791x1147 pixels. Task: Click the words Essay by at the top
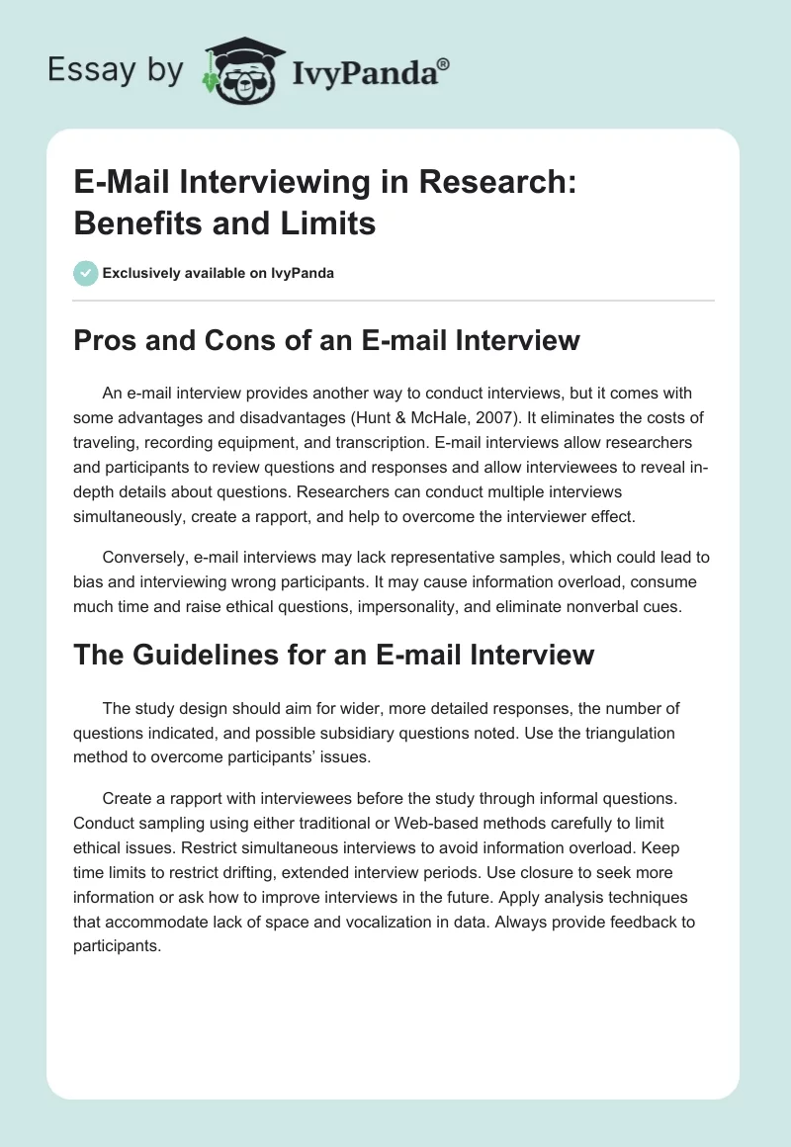117,70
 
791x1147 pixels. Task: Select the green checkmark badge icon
86,273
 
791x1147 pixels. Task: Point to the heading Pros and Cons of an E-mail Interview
326,341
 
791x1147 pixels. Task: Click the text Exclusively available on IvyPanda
218,273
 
